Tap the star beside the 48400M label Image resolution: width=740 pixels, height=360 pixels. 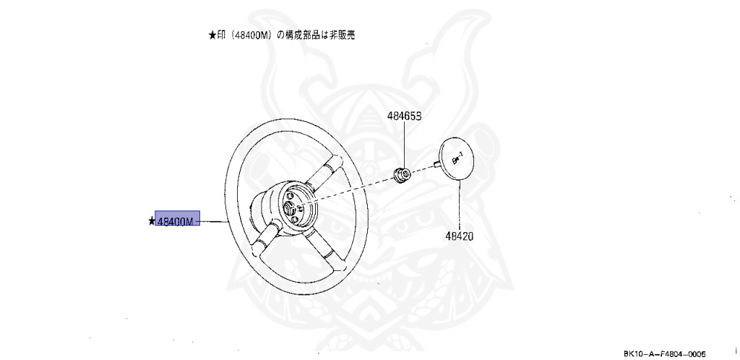[x=152, y=220]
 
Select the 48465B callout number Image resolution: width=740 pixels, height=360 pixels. [x=403, y=116]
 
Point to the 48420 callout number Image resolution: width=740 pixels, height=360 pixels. [x=459, y=236]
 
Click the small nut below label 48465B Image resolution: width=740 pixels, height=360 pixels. [x=403, y=173]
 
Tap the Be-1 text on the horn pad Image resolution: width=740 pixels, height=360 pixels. [x=457, y=156]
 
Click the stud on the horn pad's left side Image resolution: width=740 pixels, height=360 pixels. [x=438, y=163]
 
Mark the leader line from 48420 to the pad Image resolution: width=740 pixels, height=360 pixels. [x=460, y=206]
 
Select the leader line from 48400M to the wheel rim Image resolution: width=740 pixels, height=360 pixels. [x=212, y=220]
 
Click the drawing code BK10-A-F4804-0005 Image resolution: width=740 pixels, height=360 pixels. [x=665, y=352]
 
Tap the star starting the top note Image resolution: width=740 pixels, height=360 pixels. [x=212, y=34]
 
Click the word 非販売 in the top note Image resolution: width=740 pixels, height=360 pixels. [x=342, y=34]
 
